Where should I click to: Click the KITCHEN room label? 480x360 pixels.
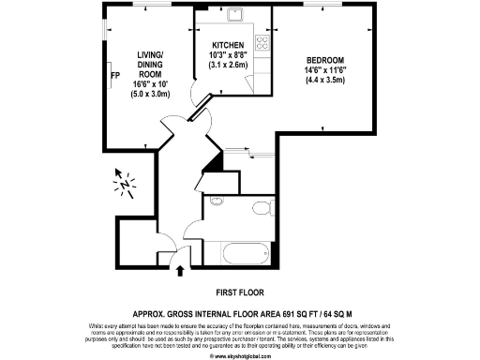coord(228,45)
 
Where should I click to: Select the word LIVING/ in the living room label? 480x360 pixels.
coord(125,54)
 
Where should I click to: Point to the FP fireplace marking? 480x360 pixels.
coord(114,76)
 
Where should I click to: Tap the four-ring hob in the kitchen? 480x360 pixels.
coord(264,43)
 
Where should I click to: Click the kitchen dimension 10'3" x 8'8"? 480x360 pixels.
coord(228,55)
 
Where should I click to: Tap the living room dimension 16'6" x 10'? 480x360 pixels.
coord(125,84)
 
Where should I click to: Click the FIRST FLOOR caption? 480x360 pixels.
coord(239,292)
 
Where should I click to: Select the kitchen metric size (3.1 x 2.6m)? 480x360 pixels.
coord(228,66)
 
